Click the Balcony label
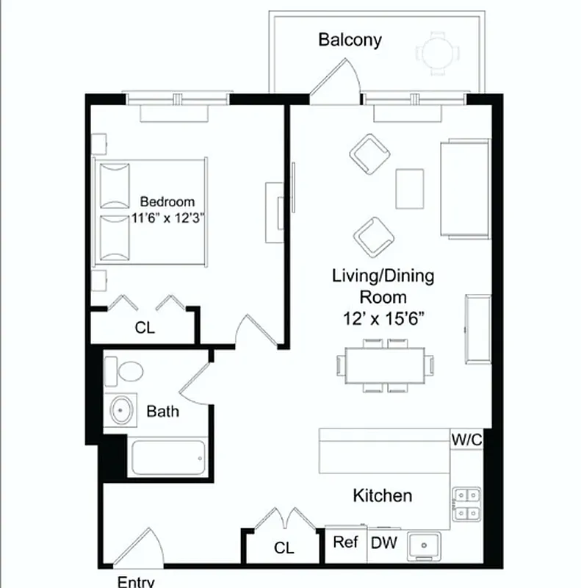pyautogui.click(x=350, y=40)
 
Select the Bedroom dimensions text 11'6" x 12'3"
pyautogui.click(x=167, y=218)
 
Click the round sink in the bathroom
pyautogui.click(x=121, y=410)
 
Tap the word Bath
pyautogui.click(x=162, y=411)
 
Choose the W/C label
pyautogui.click(x=466, y=440)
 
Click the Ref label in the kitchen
pyautogui.click(x=345, y=542)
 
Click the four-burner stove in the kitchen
pyautogui.click(x=466, y=503)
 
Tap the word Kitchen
pyautogui.click(x=382, y=495)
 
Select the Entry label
pyautogui.click(x=136, y=581)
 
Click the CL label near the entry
pyautogui.click(x=284, y=548)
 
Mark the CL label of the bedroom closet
pyautogui.click(x=145, y=329)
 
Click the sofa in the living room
pyautogui.click(x=464, y=189)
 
